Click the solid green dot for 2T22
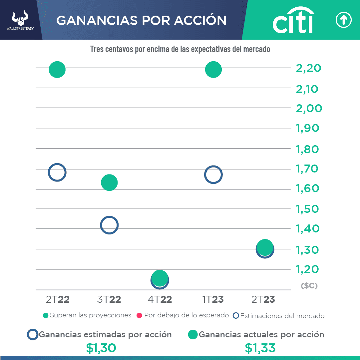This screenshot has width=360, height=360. (x=57, y=70)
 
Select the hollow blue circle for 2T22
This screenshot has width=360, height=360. (x=57, y=173)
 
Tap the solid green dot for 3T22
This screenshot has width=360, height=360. (x=109, y=182)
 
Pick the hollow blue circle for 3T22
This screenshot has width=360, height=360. (x=109, y=225)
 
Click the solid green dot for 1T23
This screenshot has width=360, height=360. (x=213, y=70)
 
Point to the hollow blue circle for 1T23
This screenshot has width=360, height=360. (x=213, y=175)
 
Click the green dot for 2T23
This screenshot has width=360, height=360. (x=265, y=247)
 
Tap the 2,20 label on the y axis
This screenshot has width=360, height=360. (x=308, y=68)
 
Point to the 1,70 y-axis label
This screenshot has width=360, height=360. (x=307, y=169)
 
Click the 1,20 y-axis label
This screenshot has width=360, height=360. (x=307, y=269)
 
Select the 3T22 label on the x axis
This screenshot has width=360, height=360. (x=109, y=299)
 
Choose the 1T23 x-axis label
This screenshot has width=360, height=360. (x=213, y=299)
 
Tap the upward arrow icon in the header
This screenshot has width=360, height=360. (x=343, y=21)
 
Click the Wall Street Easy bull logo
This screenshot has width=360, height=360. (x=20, y=20)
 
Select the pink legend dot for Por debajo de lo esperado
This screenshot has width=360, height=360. (x=140, y=315)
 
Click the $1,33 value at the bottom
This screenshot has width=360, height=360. (x=260, y=348)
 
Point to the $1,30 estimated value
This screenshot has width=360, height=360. (x=101, y=348)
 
